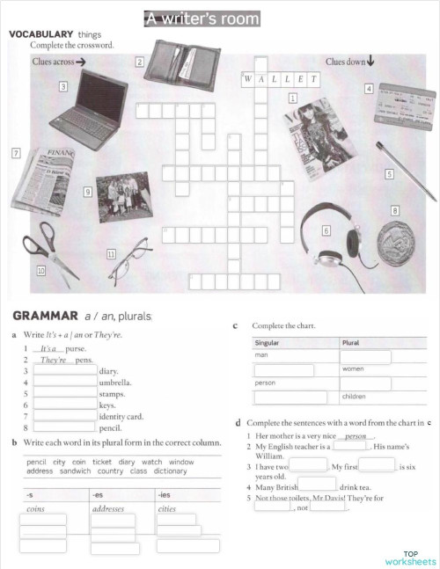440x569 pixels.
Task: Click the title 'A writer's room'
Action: point(202,18)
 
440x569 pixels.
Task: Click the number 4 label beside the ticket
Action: point(370,88)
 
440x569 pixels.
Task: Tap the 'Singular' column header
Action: point(268,342)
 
